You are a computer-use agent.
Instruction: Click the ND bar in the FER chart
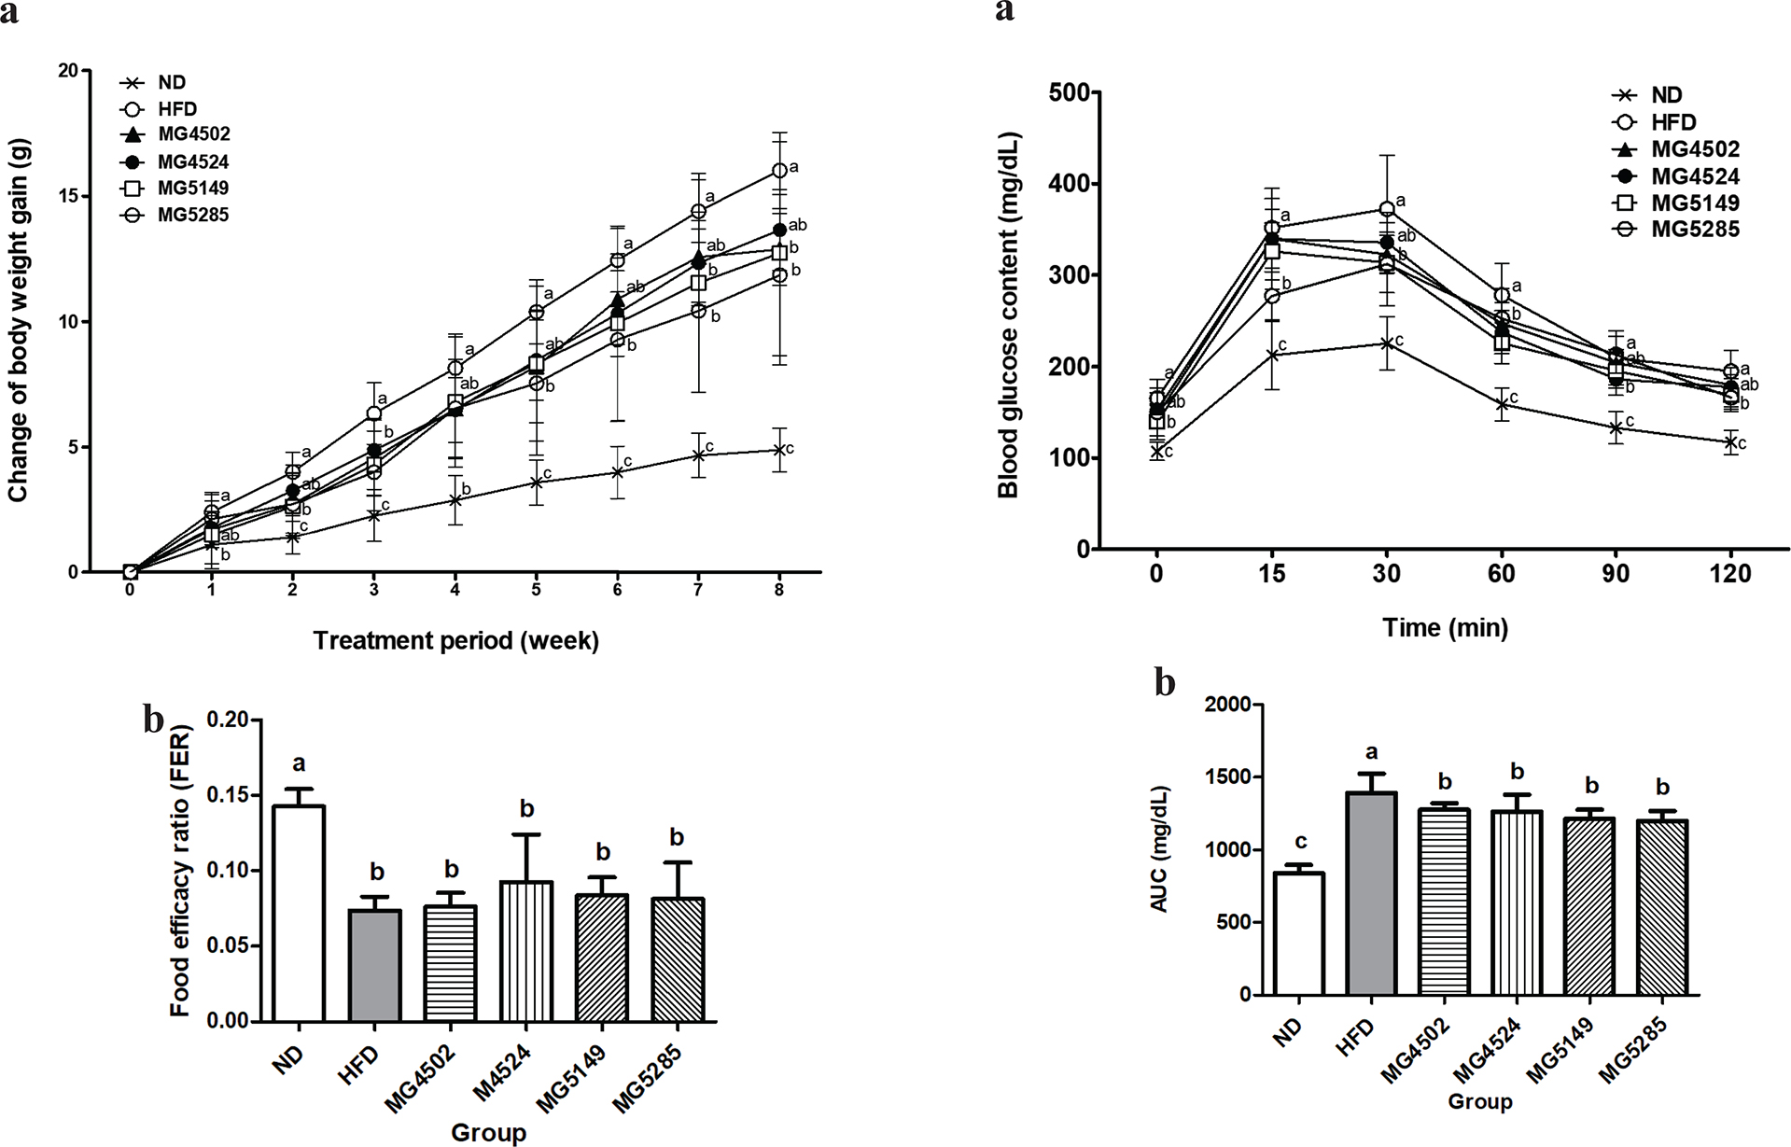point(299,914)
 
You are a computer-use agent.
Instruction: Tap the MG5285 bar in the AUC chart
point(1662,908)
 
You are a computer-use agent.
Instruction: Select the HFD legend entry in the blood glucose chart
point(1665,122)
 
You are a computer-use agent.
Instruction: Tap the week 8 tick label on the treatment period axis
point(779,591)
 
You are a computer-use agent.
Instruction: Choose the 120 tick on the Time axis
point(1730,574)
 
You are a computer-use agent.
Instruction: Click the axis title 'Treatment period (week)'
point(456,640)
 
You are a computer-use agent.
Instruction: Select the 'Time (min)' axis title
point(1445,628)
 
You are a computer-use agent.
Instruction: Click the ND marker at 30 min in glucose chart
point(1387,343)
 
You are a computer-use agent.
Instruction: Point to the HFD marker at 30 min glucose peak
point(1387,208)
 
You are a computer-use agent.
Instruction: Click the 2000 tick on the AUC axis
point(1226,704)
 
